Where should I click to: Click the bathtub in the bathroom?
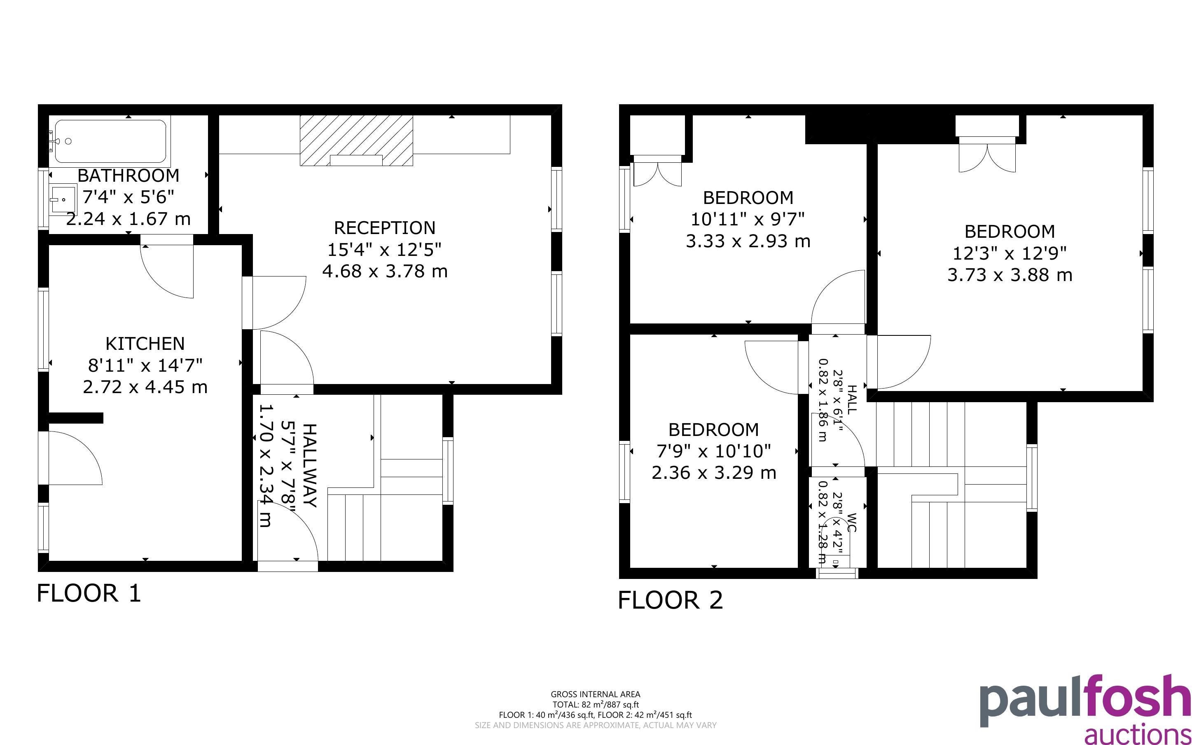click(x=110, y=141)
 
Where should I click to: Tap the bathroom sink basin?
click(x=63, y=199)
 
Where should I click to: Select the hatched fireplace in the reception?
click(x=356, y=141)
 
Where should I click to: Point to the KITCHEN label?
click(x=145, y=343)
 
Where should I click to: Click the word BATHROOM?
click(x=129, y=176)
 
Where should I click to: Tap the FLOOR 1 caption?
click(x=89, y=593)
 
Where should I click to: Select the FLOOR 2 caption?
click(x=671, y=600)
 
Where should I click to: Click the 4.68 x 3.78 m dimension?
click(x=385, y=272)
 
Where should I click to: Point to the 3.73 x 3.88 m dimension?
click(x=1010, y=275)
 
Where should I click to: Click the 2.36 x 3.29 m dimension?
click(x=714, y=473)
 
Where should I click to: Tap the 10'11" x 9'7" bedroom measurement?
click(x=748, y=219)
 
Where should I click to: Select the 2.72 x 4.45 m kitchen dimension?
click(x=145, y=387)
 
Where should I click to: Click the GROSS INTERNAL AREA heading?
click(x=595, y=695)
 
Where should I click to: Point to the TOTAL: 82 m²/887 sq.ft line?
click(x=595, y=705)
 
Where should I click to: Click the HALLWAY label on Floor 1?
click(x=310, y=465)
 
